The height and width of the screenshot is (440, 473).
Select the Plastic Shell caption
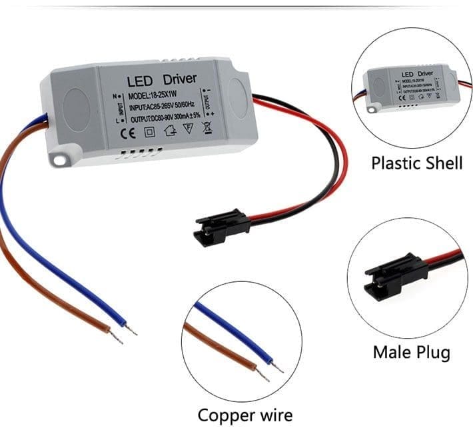(416, 162)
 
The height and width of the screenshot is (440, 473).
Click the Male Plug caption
(411, 352)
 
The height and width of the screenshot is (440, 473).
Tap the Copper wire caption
(244, 415)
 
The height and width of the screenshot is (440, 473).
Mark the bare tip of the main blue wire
(133, 329)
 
